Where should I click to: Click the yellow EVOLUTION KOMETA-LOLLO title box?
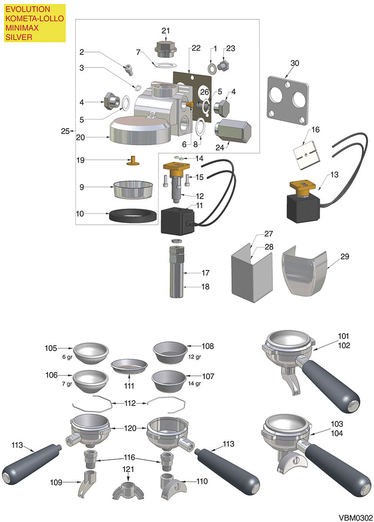point(35,23)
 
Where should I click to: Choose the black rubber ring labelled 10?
point(133,216)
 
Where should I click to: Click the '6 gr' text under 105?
point(67,357)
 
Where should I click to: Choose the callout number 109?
point(56,482)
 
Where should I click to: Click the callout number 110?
point(202,482)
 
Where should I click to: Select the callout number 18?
point(205,287)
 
